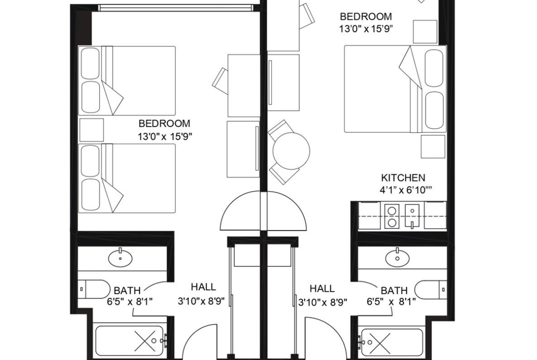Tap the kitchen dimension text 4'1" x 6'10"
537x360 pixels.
(x=406, y=190)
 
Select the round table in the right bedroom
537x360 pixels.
(x=291, y=150)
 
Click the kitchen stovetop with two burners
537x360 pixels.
(x=392, y=216)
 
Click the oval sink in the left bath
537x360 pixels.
(x=120, y=258)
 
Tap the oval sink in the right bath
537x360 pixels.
(x=397, y=258)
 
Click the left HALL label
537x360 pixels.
(x=203, y=287)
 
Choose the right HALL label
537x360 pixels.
(x=322, y=288)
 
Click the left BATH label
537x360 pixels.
(x=127, y=291)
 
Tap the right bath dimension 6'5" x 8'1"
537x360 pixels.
(x=391, y=302)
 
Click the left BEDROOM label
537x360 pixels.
(x=164, y=123)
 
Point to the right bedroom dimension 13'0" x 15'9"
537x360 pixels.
(x=366, y=29)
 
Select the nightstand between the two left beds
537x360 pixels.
(x=91, y=130)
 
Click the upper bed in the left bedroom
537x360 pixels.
(x=127, y=81)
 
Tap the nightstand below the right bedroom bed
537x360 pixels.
(x=433, y=146)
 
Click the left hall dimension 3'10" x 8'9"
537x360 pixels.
(x=201, y=301)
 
